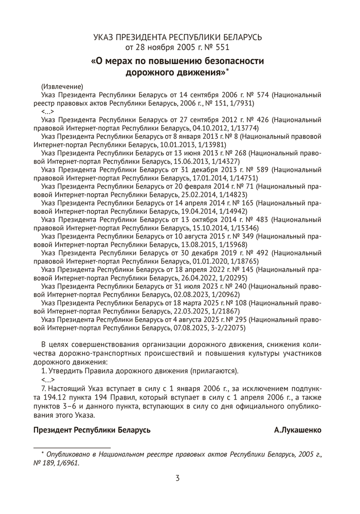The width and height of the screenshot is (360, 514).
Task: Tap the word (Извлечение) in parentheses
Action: click(x=62, y=86)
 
